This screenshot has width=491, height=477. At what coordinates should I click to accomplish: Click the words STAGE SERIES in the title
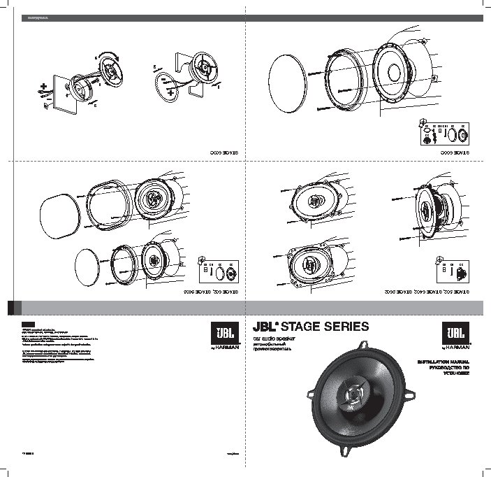coord(320,326)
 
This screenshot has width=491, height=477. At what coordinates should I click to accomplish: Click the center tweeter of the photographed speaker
coord(349,396)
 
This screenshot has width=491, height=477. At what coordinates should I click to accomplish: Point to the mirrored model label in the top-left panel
coord(226,152)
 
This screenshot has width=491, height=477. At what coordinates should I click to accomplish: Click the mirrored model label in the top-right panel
coord(455,152)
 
